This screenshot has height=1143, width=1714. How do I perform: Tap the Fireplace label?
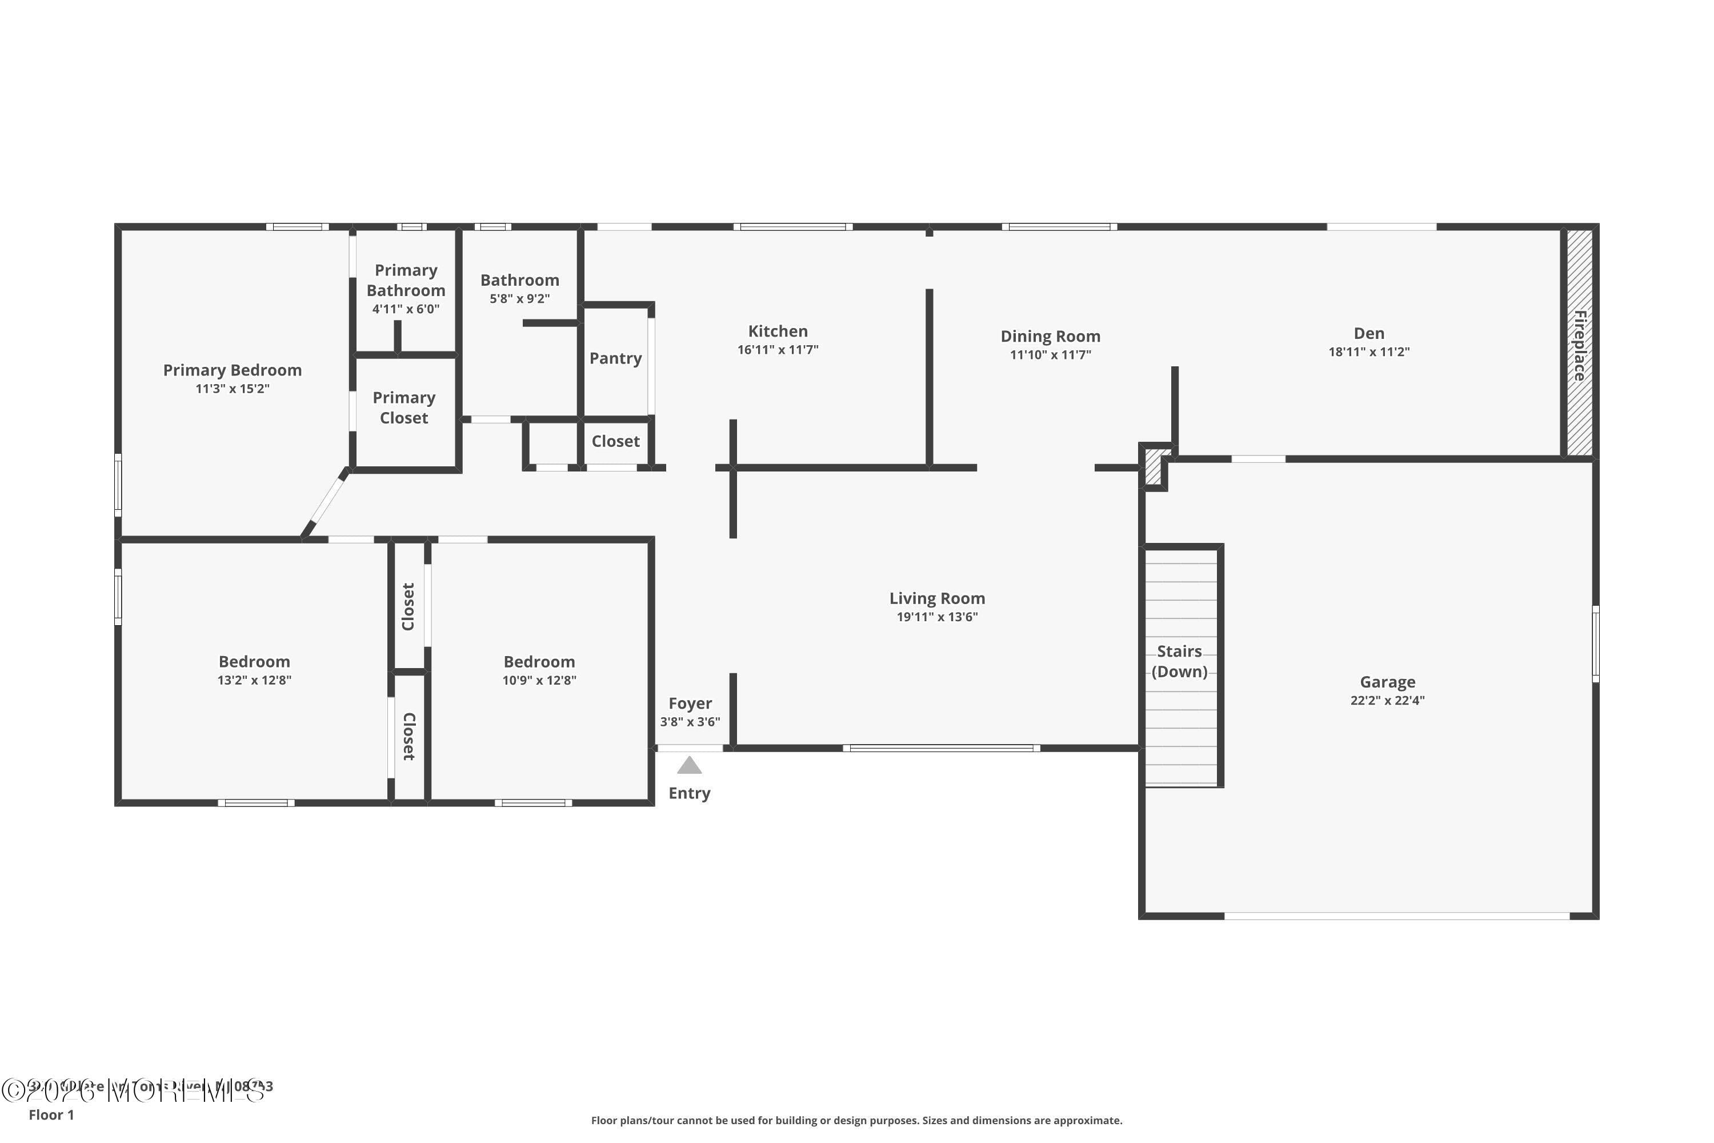click(x=1579, y=346)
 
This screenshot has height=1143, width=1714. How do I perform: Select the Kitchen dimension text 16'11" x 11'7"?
click(x=778, y=350)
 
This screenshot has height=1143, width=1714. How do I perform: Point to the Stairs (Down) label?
click(x=1179, y=661)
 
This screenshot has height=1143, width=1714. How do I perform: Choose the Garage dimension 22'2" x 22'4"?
click(x=1387, y=701)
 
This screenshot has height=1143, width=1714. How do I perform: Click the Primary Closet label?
click(x=404, y=407)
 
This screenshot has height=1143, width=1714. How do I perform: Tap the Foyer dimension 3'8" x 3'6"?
click(x=690, y=722)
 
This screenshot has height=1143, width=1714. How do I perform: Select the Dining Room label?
click(x=1050, y=336)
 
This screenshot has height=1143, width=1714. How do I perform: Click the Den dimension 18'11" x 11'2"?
click(x=1368, y=352)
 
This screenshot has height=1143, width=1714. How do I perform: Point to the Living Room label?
click(x=936, y=598)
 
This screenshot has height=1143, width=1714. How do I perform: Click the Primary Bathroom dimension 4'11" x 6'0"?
click(x=405, y=309)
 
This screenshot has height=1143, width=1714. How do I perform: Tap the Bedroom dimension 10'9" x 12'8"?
click(x=539, y=680)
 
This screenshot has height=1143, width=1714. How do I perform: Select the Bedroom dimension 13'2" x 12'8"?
click(x=254, y=680)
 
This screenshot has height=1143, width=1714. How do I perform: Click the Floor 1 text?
click(x=51, y=1114)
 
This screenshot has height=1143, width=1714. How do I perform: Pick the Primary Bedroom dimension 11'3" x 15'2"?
click(x=232, y=389)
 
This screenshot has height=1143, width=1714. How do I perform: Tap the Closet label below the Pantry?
click(x=615, y=441)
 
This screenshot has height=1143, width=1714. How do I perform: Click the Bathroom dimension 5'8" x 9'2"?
click(x=519, y=299)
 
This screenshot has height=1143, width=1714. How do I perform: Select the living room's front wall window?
click(x=941, y=748)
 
